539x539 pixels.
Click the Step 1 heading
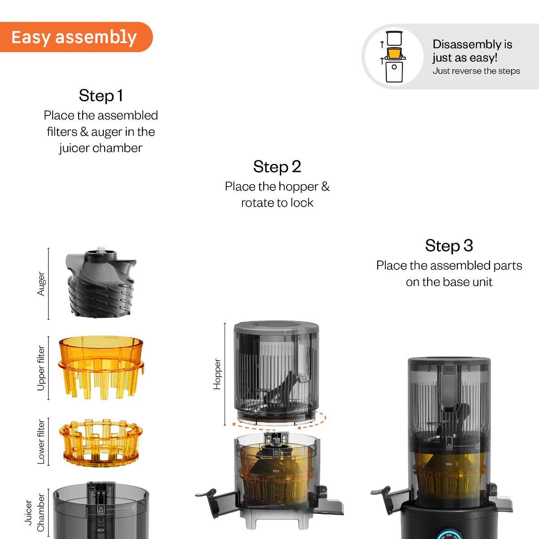[101, 95]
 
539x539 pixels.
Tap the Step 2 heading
[277, 167]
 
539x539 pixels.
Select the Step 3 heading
[449, 246]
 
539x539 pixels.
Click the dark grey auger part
[101, 283]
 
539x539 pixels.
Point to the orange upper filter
[101, 367]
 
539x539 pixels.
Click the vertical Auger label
[41, 283]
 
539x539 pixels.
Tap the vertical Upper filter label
[41, 368]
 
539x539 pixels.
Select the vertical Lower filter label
[41, 442]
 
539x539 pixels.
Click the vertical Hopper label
[217, 374]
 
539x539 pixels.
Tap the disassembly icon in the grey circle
[393, 57]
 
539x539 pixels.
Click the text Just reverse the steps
[476, 71]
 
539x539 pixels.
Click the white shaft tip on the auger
[101, 249]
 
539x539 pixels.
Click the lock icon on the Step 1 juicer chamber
[101, 509]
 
